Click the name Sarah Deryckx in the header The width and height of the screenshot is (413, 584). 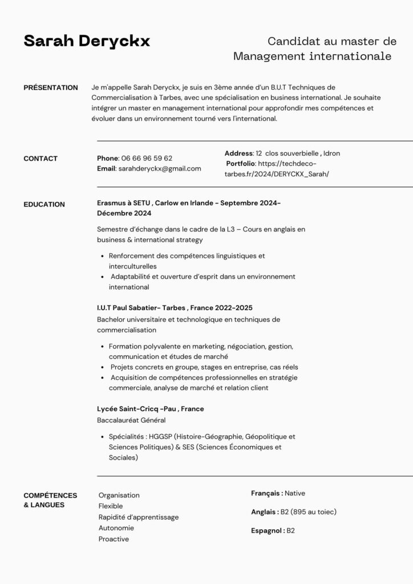pos(87,41)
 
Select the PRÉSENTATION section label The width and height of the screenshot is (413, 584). pos(51,88)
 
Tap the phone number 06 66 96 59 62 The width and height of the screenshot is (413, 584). pos(147,158)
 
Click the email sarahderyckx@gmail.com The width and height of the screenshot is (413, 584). pos(160,168)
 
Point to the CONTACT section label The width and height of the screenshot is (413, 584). pos(41,159)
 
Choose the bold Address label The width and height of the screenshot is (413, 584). pos(238,153)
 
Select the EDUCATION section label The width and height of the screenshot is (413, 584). pos(44,204)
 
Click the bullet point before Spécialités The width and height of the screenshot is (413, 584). pos(102,437)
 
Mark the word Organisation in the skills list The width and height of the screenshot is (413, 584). pos(119,495)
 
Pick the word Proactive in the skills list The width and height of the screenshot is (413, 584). pos(114,539)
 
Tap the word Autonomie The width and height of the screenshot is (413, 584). pos(116,528)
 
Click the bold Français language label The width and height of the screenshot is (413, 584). pos(266,493)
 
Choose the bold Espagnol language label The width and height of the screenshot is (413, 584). pos(268,530)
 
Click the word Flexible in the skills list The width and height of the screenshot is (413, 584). pos(111,506)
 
